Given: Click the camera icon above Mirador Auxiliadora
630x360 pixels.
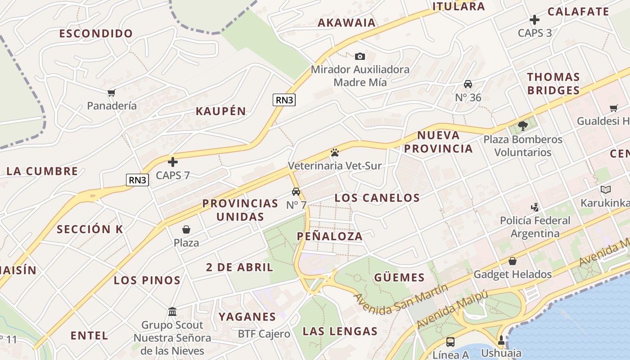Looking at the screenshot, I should (x=360, y=56).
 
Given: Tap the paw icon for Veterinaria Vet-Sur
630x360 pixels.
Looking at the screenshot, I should (x=334, y=153).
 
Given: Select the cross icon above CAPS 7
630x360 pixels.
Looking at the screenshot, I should (x=173, y=162).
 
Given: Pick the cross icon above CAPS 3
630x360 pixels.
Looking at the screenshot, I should (x=535, y=20).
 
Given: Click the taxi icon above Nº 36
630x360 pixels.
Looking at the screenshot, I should (x=468, y=84).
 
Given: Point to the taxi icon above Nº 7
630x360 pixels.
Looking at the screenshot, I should (x=296, y=192).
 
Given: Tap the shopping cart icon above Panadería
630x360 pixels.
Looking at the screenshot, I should (x=112, y=93).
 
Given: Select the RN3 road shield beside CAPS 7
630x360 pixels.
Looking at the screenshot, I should (x=137, y=180).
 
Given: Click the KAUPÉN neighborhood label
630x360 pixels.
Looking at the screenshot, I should (x=221, y=111).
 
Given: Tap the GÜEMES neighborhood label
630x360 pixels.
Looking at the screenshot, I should (x=399, y=277).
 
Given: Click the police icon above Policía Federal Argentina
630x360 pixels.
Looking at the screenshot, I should (x=535, y=207).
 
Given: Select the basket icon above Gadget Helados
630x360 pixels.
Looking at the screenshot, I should (x=512, y=261).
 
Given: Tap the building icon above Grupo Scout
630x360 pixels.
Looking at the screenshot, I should (x=172, y=311).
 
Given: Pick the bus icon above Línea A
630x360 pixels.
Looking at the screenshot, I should (x=450, y=342).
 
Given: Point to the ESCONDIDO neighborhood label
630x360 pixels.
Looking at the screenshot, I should (x=96, y=33).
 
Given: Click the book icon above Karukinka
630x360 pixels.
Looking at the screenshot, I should (x=606, y=189).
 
